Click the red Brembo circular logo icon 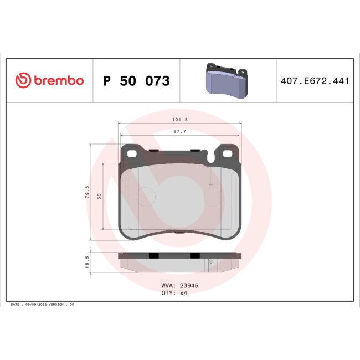tap(23, 81)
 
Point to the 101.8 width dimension tap(179, 120)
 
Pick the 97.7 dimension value tap(179, 131)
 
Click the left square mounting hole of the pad tap(133, 152)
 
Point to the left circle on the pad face tap(147, 196)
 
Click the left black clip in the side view tap(153, 255)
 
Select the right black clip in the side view tap(194, 255)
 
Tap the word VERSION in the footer tap(58, 305)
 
